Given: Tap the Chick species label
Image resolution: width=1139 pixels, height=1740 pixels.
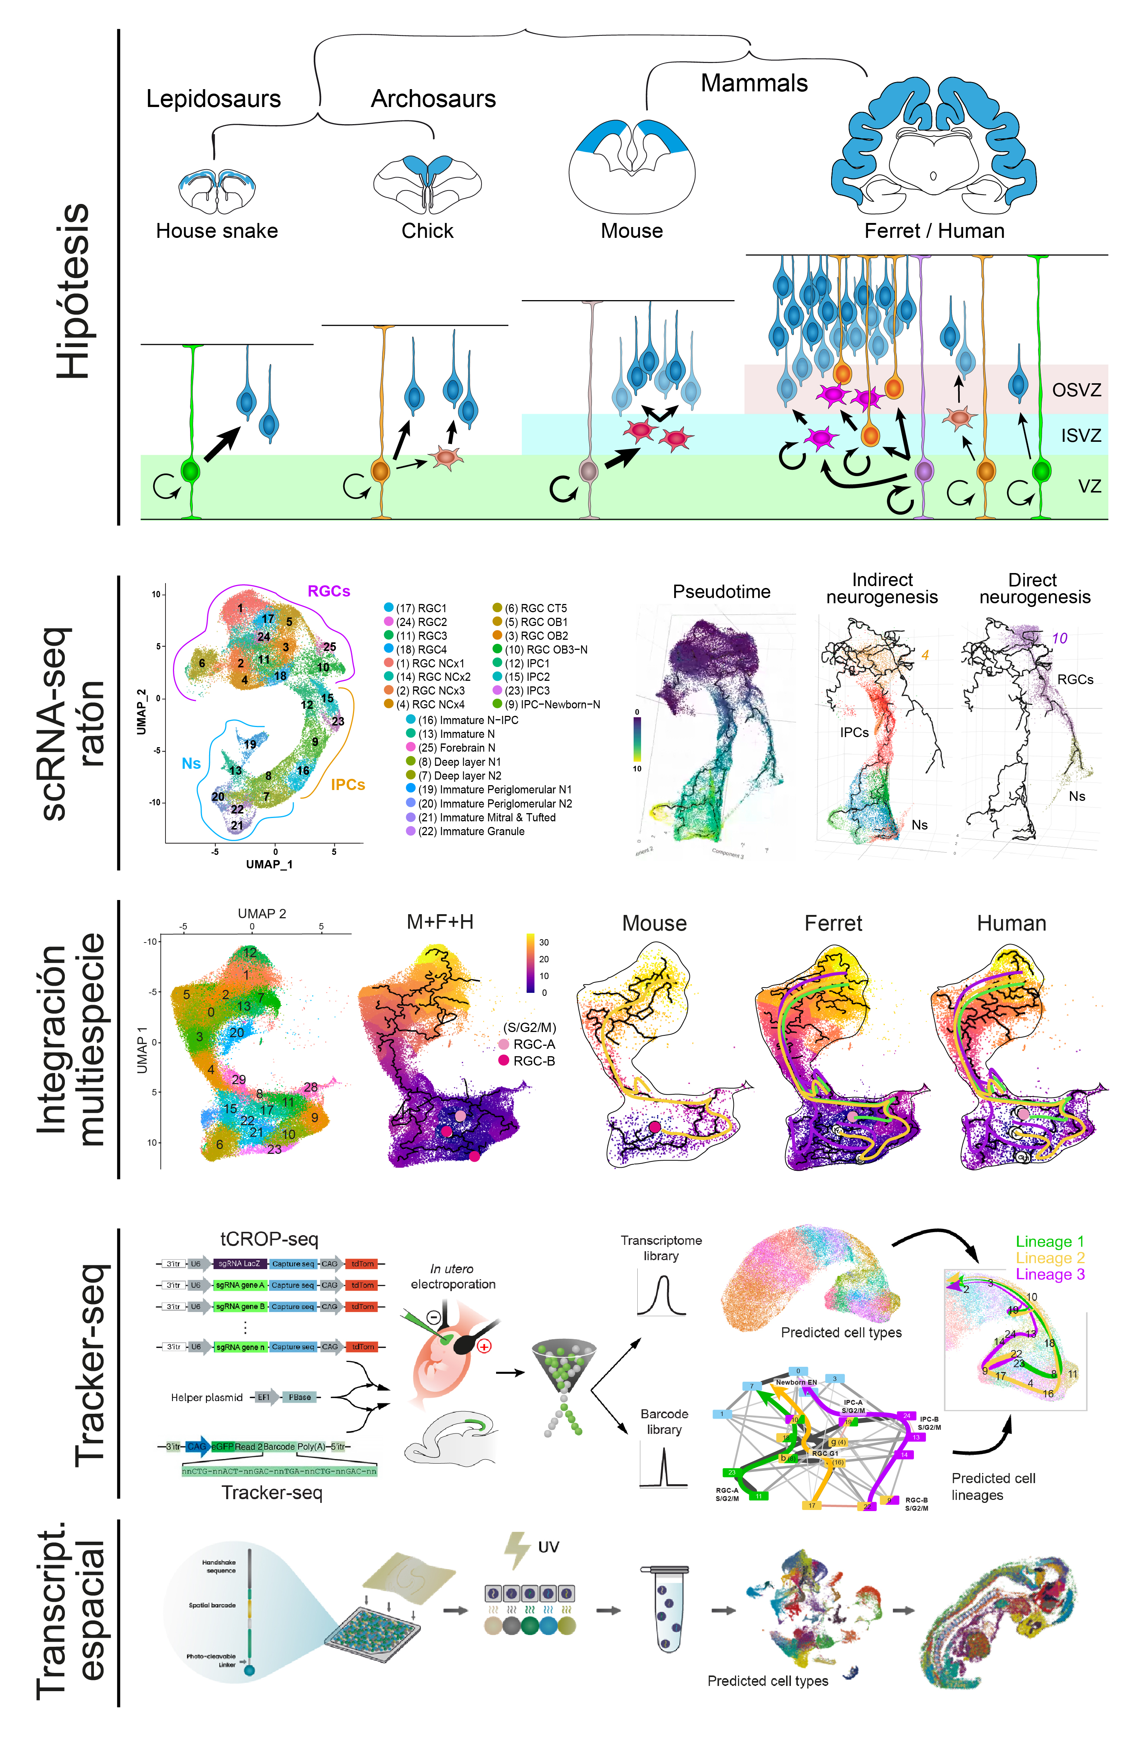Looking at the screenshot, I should click(427, 231).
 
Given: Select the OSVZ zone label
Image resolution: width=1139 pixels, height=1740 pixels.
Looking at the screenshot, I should click(1076, 390).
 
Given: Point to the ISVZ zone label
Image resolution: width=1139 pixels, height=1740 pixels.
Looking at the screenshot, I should click(1080, 436).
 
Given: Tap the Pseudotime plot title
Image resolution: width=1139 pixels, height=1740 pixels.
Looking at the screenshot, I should click(721, 591).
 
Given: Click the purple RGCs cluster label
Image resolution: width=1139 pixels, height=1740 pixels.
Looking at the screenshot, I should click(328, 591).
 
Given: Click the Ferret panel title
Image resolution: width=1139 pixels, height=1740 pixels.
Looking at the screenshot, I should click(833, 924).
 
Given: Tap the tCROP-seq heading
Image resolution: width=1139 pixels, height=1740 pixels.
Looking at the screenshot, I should click(269, 1239).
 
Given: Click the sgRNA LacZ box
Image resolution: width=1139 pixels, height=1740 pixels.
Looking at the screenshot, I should click(239, 1263).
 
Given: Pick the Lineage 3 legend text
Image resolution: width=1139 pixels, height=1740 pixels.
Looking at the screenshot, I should click(1050, 1274).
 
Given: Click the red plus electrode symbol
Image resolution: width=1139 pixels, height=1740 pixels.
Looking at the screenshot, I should click(484, 1346).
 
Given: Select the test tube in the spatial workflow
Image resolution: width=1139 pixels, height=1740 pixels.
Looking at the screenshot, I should click(665, 1608).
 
